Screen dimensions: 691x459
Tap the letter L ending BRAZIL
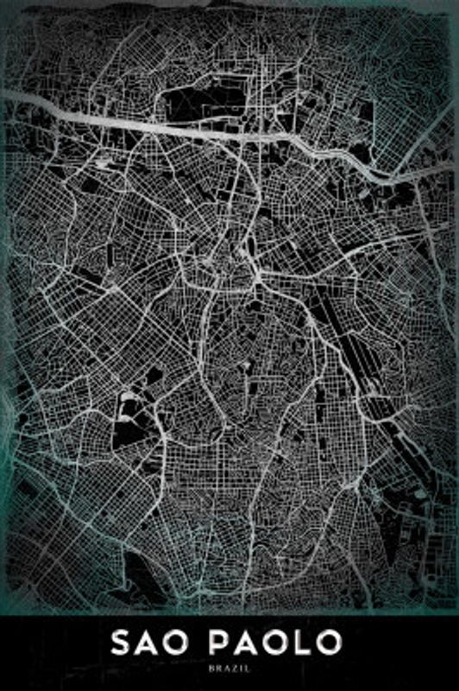[246, 668]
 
